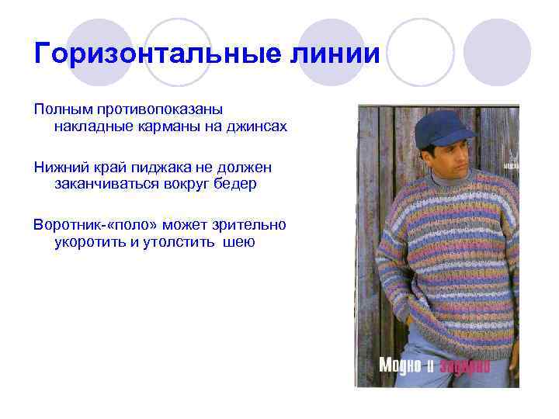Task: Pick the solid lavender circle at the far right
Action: coord(498,51)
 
